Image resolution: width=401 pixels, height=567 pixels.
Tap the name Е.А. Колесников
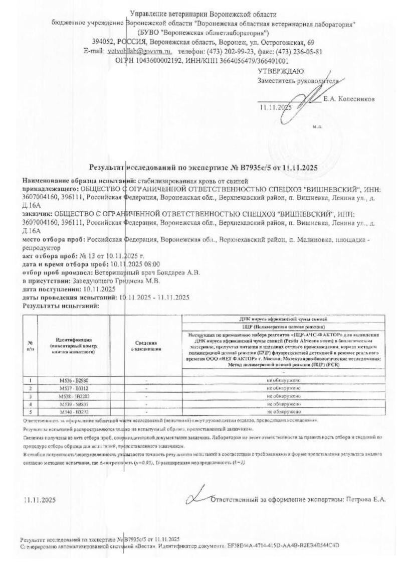[x=349, y=99]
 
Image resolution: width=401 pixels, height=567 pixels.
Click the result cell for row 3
[x=283, y=396]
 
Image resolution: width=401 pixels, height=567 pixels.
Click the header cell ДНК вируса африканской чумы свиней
[x=283, y=319]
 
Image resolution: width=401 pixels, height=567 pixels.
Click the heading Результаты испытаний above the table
[x=61, y=305]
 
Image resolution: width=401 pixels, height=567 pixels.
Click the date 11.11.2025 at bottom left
[x=40, y=500]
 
